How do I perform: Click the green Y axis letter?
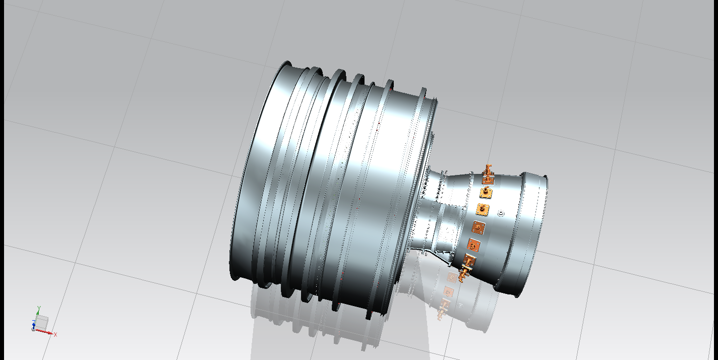[x=39, y=309]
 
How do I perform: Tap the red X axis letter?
[x=55, y=335]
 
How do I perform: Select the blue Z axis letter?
[x=34, y=322]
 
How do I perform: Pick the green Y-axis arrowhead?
[x=38, y=313]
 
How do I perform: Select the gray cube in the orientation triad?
[x=42, y=322]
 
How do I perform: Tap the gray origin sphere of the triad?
[x=33, y=329]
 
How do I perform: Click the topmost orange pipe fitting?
[x=488, y=172]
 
